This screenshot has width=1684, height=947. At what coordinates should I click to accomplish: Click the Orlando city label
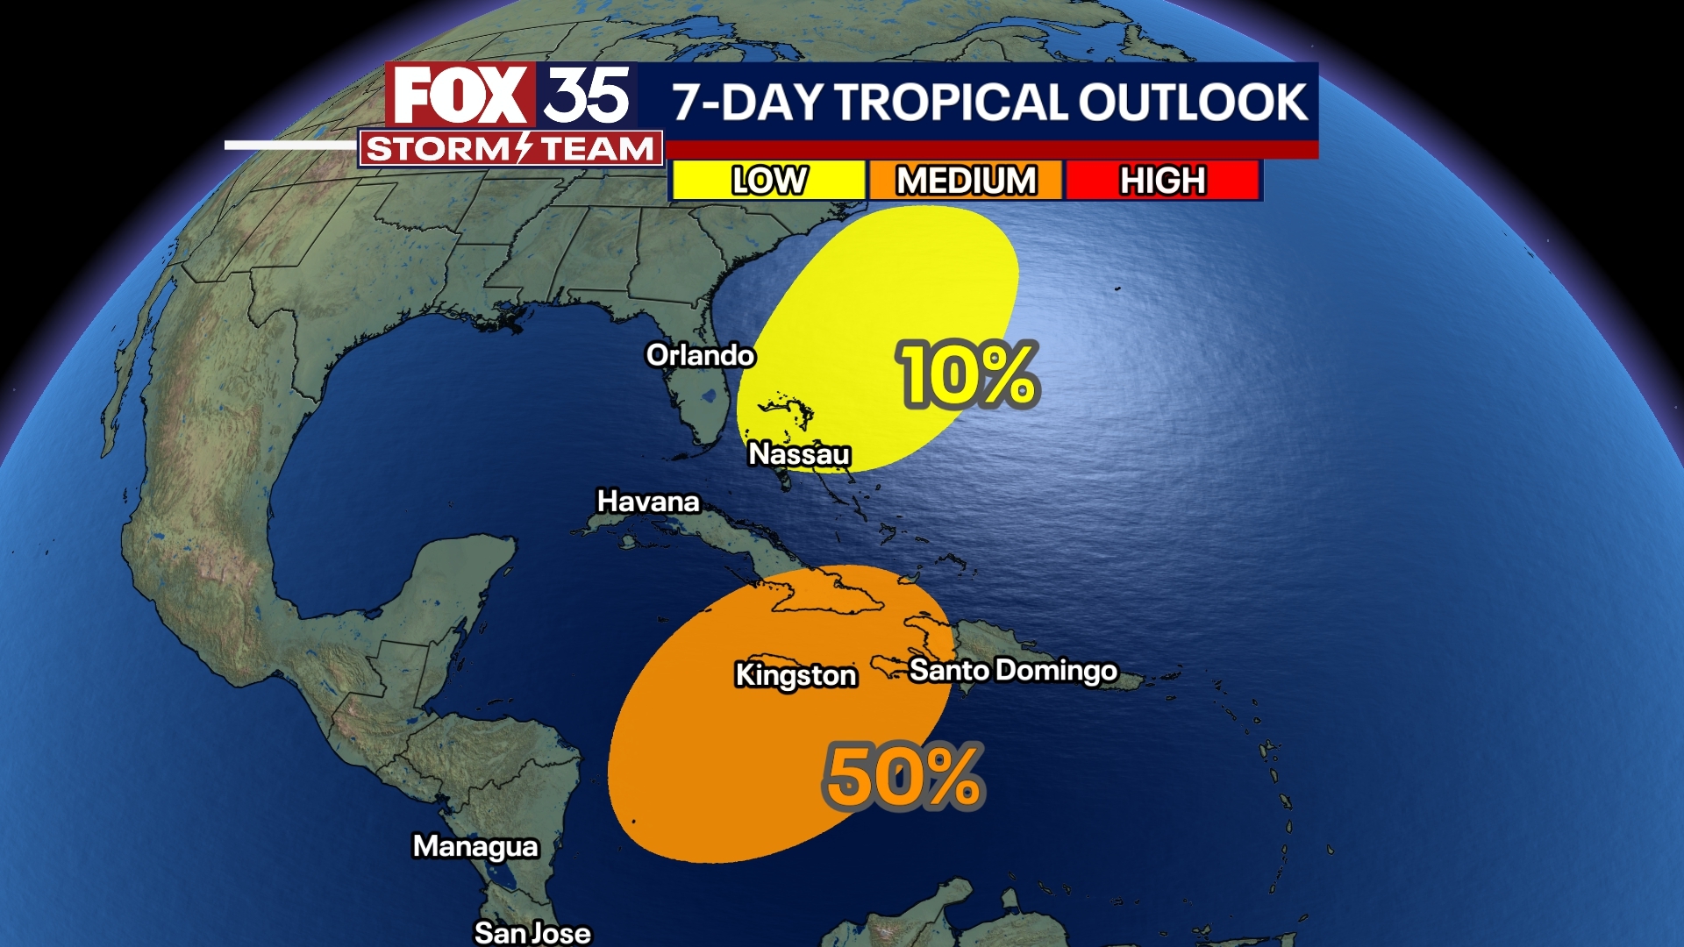(x=700, y=355)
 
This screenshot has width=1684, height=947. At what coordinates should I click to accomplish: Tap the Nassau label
(x=799, y=454)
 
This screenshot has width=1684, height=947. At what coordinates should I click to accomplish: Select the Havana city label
(x=648, y=502)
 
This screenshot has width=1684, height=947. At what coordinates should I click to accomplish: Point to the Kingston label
(x=796, y=675)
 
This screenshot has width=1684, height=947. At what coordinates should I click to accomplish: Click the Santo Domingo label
(x=1013, y=670)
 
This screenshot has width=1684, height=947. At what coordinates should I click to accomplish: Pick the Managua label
(x=475, y=846)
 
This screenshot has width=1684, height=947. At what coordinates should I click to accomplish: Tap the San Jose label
(x=532, y=932)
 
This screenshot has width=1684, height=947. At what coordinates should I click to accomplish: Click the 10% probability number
(x=967, y=375)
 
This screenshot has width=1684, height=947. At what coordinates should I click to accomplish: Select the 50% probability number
(x=903, y=777)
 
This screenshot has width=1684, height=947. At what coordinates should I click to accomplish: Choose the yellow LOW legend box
(x=768, y=181)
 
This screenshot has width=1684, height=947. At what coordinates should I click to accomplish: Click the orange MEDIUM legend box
(x=966, y=181)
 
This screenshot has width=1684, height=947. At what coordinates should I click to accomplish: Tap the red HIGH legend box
(x=1162, y=181)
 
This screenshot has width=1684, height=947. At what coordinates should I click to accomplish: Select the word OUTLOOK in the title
(x=1193, y=102)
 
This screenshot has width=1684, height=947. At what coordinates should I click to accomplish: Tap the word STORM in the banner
(x=437, y=149)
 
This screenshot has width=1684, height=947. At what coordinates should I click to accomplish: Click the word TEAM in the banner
(x=596, y=149)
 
